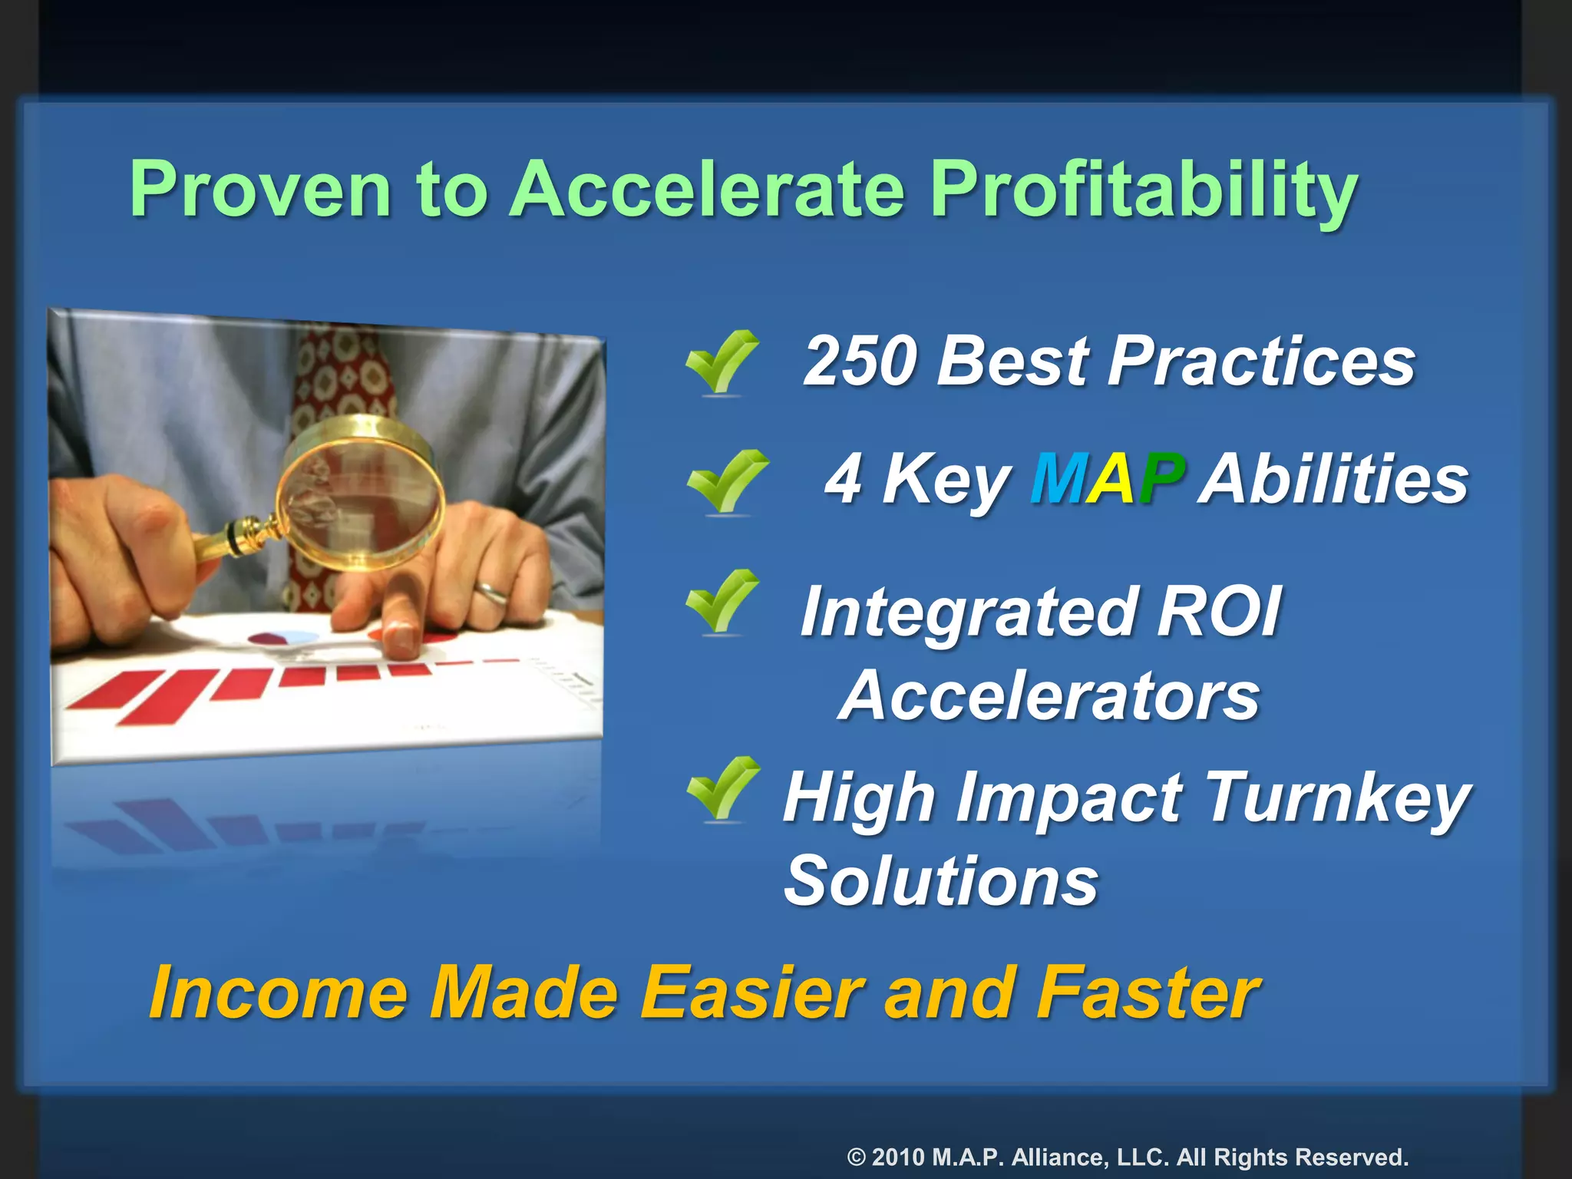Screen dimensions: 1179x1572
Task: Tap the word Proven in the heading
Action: click(261, 190)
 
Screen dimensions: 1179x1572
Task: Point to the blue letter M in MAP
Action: click(1058, 479)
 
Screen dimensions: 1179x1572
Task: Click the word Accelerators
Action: click(1049, 696)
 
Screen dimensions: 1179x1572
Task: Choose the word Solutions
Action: click(941, 881)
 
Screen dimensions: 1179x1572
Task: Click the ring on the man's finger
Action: click(491, 590)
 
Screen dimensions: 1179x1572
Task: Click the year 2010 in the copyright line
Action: click(897, 1157)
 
